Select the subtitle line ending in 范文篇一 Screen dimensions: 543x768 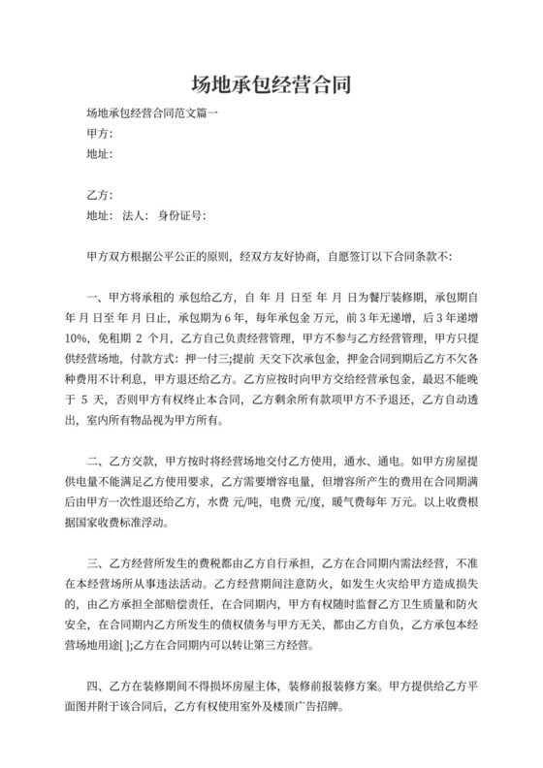tap(152, 113)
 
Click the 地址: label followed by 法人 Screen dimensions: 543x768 tap(100, 215)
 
